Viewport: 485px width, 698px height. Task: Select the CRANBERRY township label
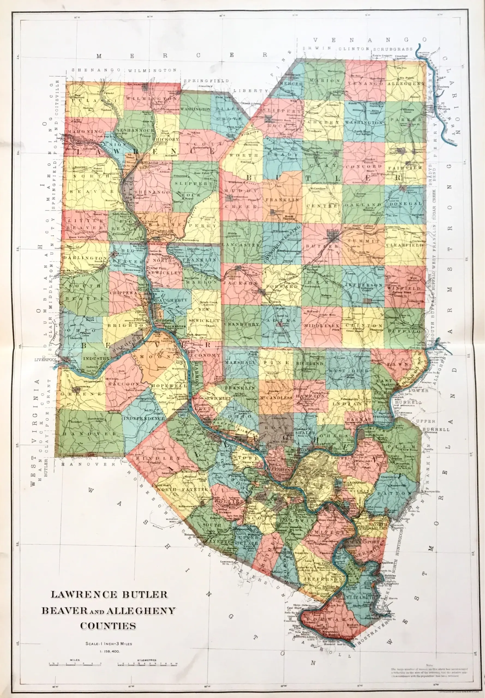tap(242, 324)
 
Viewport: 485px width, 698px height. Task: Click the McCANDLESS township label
tap(276, 397)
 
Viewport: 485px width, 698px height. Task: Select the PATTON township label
tap(395, 494)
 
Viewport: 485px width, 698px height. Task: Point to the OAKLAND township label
tap(363, 205)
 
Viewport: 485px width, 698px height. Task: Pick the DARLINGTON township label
tap(85, 258)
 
